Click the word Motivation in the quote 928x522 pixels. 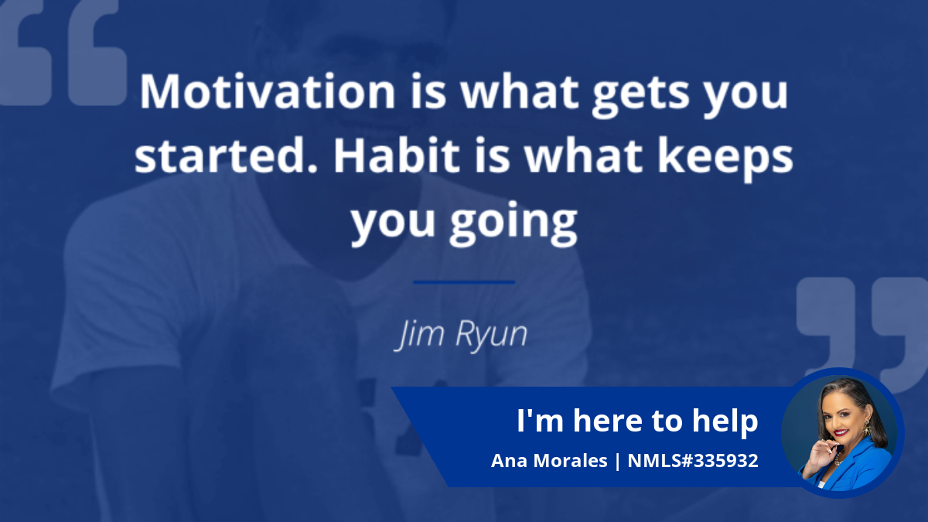coord(268,91)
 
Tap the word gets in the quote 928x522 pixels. coord(640,96)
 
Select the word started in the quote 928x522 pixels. coord(226,155)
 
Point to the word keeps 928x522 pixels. coord(725,159)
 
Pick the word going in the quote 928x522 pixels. coord(513,223)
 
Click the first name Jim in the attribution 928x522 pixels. coord(420,335)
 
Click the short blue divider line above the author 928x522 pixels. coord(464,282)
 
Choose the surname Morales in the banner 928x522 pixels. coord(570,460)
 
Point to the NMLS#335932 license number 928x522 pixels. coord(693,460)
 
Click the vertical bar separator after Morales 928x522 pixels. coord(618,461)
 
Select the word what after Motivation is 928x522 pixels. coord(520,91)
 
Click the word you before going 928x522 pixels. coord(393,223)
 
